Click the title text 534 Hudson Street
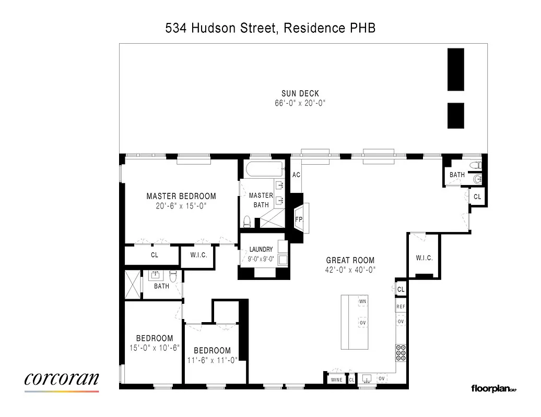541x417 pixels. point(222,28)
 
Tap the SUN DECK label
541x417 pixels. point(300,94)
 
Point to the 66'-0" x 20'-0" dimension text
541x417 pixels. point(300,103)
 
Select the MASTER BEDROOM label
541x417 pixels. point(181,197)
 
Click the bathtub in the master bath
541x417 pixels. point(263,169)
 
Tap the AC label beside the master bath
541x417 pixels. point(296,175)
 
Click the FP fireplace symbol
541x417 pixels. point(299,219)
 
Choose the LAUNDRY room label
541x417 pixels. point(261,250)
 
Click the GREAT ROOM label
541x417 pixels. point(350,261)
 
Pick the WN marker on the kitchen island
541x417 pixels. point(362,302)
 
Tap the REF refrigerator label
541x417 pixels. point(401,307)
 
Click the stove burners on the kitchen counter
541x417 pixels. point(401,353)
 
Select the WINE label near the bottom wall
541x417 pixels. point(337,379)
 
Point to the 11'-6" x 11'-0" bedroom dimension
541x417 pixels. point(212,360)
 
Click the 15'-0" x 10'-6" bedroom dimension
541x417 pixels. point(155,348)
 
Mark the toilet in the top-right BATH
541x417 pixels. point(475,165)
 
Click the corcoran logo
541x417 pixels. point(62,379)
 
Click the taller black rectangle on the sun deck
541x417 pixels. point(455,69)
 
